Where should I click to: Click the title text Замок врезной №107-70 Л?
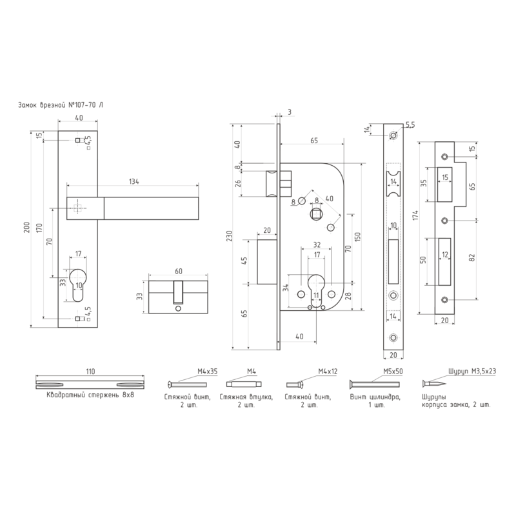61,105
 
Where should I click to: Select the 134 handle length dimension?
134,181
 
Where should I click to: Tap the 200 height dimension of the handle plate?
27,228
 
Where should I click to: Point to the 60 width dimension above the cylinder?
179,271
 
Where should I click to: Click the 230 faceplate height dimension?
230,236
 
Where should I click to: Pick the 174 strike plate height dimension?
416,215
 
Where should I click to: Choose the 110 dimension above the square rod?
90,372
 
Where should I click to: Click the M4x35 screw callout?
207,372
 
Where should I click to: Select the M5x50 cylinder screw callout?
393,372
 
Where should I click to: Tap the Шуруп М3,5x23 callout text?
472,372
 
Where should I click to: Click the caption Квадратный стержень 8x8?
90,395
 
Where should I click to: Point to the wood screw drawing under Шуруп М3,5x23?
434,384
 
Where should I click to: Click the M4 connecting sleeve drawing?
244,384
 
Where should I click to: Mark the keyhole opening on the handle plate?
78,285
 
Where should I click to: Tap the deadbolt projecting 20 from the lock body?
267,262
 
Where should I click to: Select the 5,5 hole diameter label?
410,124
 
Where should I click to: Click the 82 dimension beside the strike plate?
472,257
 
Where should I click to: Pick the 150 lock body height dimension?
358,237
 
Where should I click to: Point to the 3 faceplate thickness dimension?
289,112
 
